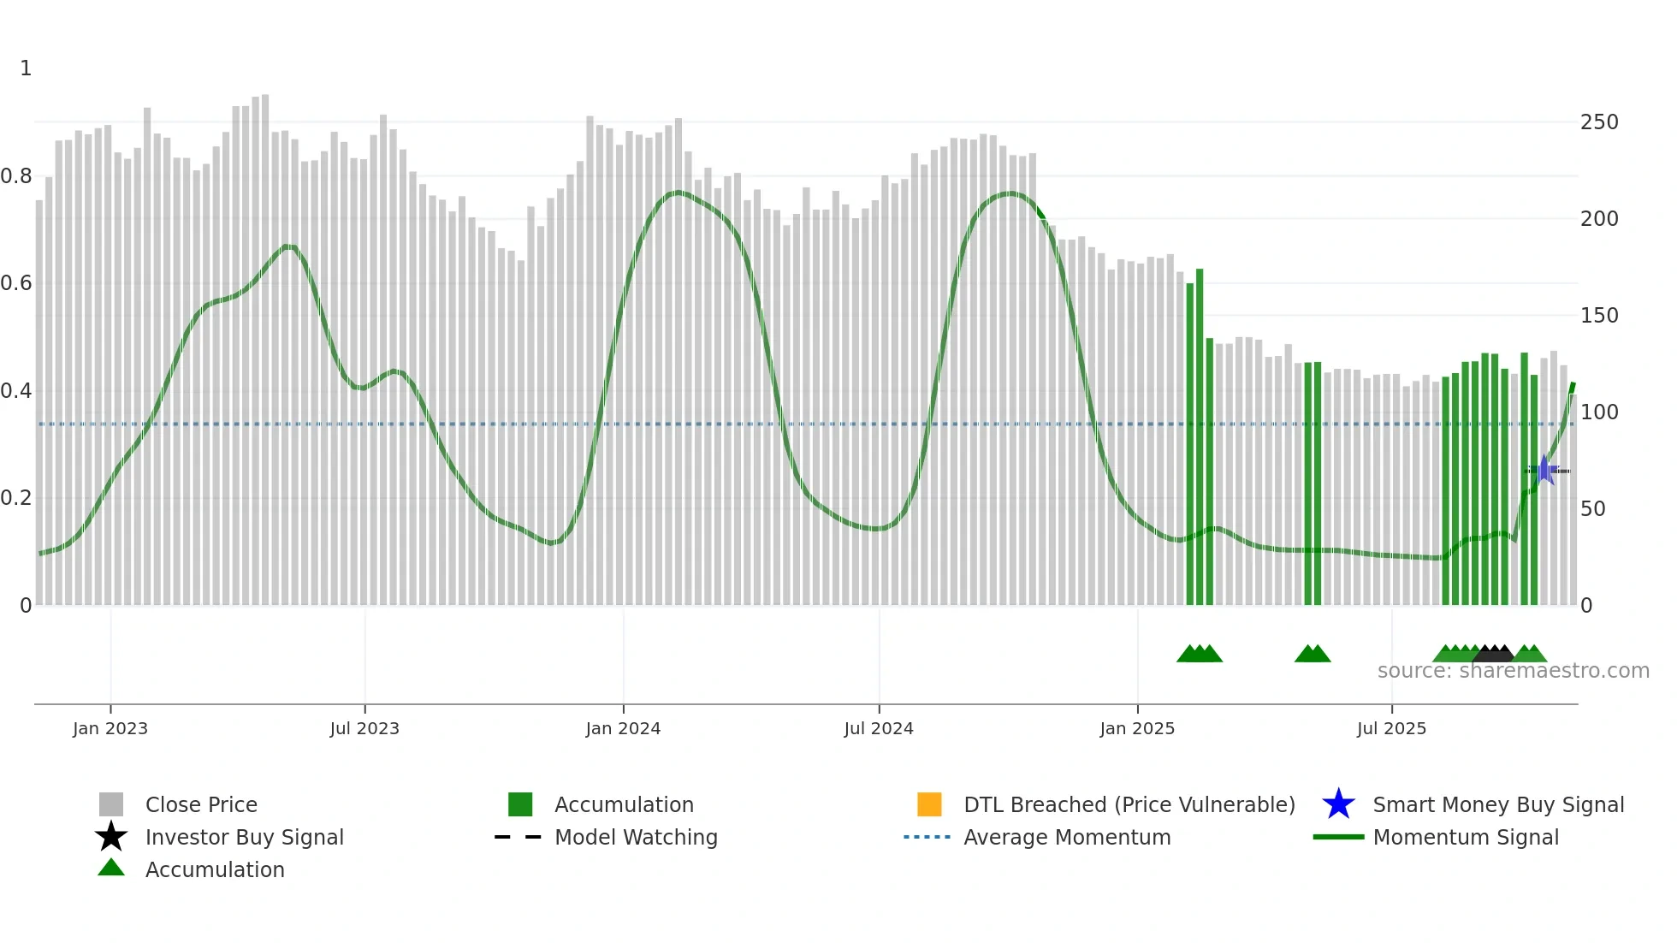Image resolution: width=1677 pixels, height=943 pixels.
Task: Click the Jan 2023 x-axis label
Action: pyautogui.click(x=110, y=728)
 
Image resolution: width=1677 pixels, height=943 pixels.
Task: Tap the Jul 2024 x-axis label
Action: pyautogui.click(x=879, y=728)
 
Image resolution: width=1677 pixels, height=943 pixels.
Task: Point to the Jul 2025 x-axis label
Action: pyautogui.click(x=1391, y=728)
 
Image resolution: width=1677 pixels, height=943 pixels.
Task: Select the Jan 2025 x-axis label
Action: pyautogui.click(x=1137, y=728)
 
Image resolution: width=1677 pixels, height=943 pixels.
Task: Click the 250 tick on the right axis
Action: pyautogui.click(x=1599, y=122)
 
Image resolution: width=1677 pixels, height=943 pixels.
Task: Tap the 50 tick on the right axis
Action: pyautogui.click(x=1592, y=509)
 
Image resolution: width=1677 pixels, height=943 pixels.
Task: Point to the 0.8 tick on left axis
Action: pyautogui.click(x=16, y=176)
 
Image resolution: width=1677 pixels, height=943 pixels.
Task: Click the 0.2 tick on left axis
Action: pyautogui.click(x=16, y=498)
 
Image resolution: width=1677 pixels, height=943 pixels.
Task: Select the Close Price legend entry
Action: pyautogui.click(x=201, y=804)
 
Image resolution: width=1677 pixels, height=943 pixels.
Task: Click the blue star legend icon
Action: pyautogui.click(x=1338, y=804)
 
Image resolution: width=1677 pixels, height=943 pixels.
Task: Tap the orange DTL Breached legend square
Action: pyautogui.click(x=929, y=804)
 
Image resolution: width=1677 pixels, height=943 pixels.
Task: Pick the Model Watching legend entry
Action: pyautogui.click(x=636, y=837)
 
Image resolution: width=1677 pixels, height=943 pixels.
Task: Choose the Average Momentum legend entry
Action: pyautogui.click(x=1067, y=837)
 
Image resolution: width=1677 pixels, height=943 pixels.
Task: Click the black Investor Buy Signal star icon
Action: pyautogui.click(x=111, y=837)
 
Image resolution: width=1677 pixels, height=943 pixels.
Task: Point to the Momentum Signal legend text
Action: pyautogui.click(x=1466, y=837)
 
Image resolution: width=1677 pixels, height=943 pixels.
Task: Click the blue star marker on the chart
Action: pyautogui.click(x=1544, y=470)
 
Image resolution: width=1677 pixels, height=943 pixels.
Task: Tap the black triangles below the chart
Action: pyautogui.click(x=1494, y=654)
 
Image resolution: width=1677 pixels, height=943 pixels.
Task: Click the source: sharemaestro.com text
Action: pyautogui.click(x=1513, y=671)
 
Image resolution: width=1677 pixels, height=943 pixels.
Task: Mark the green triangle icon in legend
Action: pyautogui.click(x=111, y=868)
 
